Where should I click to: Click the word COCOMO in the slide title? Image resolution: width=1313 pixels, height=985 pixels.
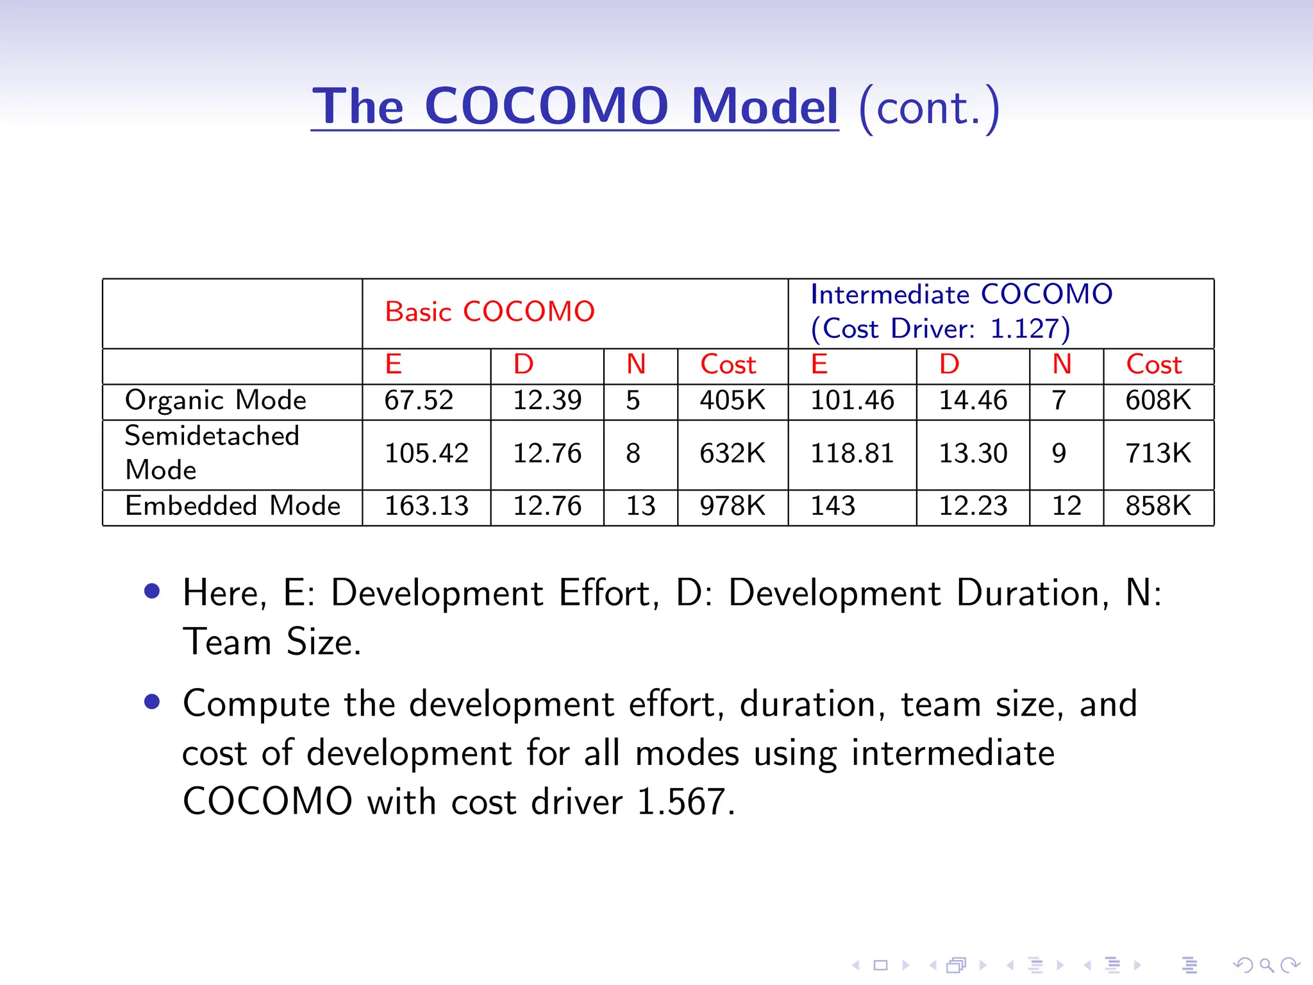pos(546,106)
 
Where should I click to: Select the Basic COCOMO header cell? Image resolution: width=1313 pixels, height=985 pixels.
pos(490,312)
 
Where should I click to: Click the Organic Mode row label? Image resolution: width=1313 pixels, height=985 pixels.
pos(215,401)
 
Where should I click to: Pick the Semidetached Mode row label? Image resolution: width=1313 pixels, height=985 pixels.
pos(212,453)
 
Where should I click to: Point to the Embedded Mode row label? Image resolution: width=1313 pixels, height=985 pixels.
pos(232,506)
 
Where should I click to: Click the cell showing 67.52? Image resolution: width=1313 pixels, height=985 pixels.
pos(419,401)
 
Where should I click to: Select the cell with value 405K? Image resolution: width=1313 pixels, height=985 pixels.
pos(732,401)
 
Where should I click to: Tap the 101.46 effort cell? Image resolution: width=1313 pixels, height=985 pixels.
pos(852,401)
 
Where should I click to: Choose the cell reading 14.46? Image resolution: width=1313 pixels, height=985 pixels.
pos(973,401)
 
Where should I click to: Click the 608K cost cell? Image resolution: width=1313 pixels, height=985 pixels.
pos(1158,401)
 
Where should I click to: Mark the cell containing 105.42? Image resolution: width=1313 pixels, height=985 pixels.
pos(426,453)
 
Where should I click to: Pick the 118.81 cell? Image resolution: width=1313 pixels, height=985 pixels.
pos(852,453)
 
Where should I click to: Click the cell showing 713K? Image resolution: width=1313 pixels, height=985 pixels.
pos(1158,453)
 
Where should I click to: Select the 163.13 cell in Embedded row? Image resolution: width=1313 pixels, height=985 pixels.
pos(426,506)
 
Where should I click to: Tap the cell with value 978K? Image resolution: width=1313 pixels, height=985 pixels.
pos(732,506)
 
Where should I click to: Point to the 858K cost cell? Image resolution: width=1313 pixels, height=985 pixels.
pos(1158,506)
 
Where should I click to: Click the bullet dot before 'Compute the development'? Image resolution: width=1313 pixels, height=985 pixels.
pos(152,702)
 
